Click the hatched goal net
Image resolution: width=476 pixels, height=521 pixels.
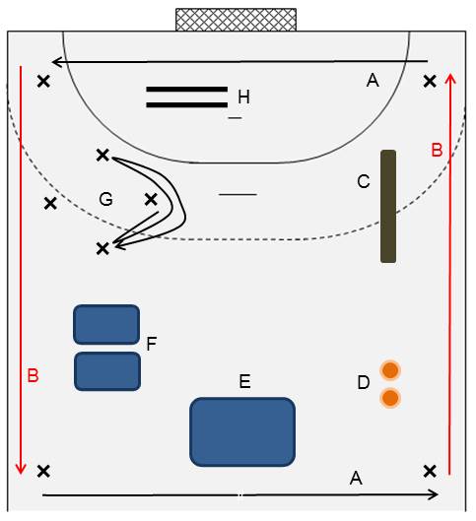pos(236,20)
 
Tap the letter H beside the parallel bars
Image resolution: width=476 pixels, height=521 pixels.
pos(243,98)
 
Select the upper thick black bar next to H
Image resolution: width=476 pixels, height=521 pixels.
pos(187,89)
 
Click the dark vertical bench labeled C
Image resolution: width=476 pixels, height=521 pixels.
pos(388,206)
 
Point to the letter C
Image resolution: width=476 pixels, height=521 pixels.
pos(364,182)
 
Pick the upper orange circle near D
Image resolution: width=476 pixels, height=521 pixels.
pos(390,370)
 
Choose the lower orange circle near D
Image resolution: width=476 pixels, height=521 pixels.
pos(390,398)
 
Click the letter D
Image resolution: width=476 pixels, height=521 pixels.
pos(364,382)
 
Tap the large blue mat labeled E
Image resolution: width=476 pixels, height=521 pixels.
pos(242,431)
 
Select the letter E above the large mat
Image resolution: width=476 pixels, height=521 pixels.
pos(245,381)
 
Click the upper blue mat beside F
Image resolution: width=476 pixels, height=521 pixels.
pos(106,324)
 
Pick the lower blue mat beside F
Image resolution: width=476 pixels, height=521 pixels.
pos(107,371)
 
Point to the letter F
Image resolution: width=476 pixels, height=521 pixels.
pos(151,344)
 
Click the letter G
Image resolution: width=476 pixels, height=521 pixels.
pos(105,199)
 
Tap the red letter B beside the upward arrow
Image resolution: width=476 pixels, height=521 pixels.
pos(437,150)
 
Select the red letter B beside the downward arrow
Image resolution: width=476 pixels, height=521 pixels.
pos(33,376)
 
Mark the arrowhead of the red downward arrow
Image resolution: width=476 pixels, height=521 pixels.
pos(21,471)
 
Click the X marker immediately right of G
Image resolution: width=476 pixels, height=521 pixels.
pos(151,200)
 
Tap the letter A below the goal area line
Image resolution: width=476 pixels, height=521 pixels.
pos(373,80)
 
